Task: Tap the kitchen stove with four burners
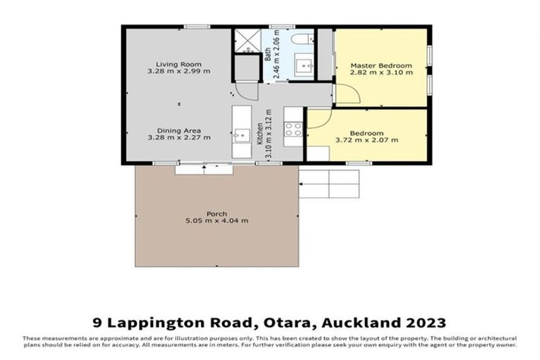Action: pos(292,129)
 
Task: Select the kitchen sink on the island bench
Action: pos(241,132)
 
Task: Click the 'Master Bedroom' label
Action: pos(381,65)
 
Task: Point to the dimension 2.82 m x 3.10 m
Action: pos(381,72)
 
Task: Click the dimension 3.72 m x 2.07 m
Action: pos(367,140)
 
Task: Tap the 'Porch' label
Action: pos(216,213)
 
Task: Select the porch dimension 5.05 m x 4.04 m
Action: pos(216,221)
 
